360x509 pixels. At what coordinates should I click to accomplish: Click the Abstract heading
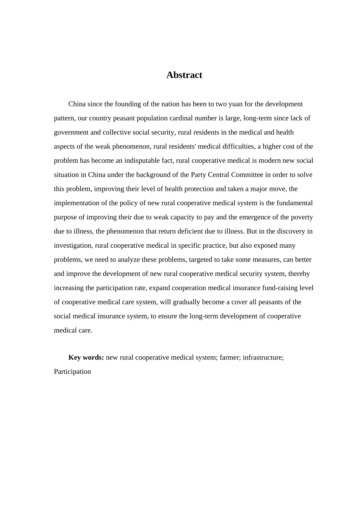(x=184, y=75)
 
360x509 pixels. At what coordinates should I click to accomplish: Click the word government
(x=71, y=133)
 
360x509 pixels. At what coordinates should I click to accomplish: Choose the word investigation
(x=73, y=245)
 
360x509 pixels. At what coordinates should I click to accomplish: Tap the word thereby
(x=299, y=274)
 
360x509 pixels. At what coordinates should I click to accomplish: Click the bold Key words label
(x=86, y=358)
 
